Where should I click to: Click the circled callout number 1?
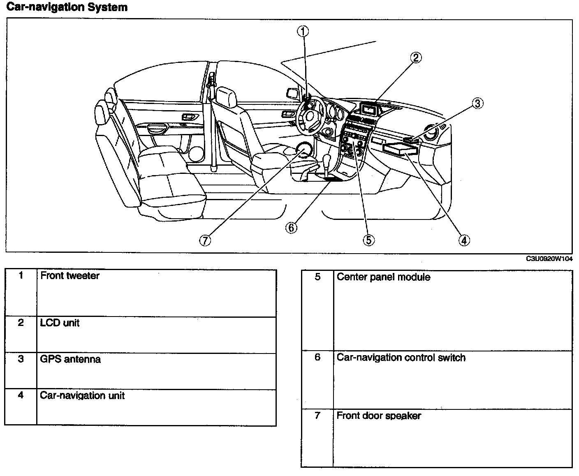pyautogui.click(x=303, y=31)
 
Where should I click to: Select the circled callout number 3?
pyautogui.click(x=477, y=103)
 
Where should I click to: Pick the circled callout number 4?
pyautogui.click(x=463, y=240)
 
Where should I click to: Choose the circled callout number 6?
pyautogui.click(x=291, y=227)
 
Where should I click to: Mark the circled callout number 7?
pyautogui.click(x=205, y=240)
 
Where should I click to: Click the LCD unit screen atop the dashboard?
pyautogui.click(x=368, y=109)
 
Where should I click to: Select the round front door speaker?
pyautogui.click(x=303, y=150)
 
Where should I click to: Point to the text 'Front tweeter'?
pyautogui.click(x=69, y=276)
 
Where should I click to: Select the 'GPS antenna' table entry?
pyautogui.click(x=70, y=359)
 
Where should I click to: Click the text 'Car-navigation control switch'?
pyautogui.click(x=401, y=358)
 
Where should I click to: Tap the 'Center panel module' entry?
pyautogui.click(x=383, y=277)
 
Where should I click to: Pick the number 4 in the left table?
pyautogui.click(x=21, y=395)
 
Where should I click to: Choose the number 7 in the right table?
pyautogui.click(x=317, y=416)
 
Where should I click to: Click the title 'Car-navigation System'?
pyautogui.click(x=67, y=7)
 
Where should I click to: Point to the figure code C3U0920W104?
pyautogui.click(x=549, y=259)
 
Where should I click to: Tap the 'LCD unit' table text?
pyautogui.click(x=60, y=323)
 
